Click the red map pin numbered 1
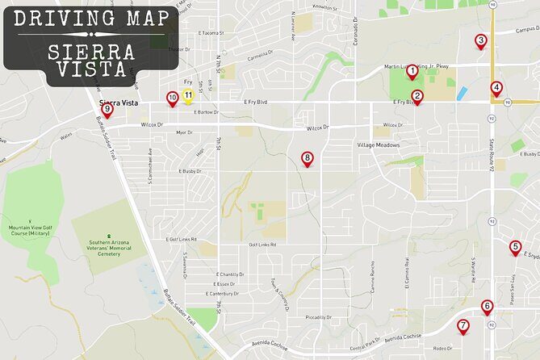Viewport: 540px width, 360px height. [x=412, y=72]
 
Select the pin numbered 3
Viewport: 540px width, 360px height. [x=480, y=41]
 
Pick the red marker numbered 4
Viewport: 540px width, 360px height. [x=496, y=89]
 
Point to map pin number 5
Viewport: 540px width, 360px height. [x=516, y=248]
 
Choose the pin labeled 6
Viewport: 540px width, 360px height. [x=487, y=308]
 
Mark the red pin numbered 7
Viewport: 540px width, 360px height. [x=463, y=327]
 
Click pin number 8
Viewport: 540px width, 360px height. [x=307, y=159]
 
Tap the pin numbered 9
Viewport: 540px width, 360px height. [x=107, y=111]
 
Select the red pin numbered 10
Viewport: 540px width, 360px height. [x=172, y=98]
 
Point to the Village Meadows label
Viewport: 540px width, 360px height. [x=379, y=145]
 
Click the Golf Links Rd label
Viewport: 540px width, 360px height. [x=262, y=245]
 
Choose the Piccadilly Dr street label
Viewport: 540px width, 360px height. [x=319, y=317]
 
